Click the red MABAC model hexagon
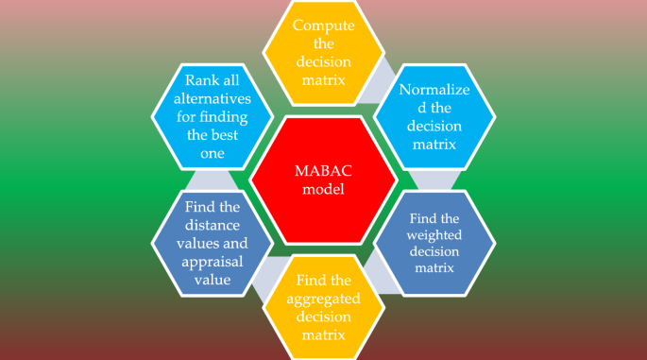click(322, 180)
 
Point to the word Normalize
click(434, 91)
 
